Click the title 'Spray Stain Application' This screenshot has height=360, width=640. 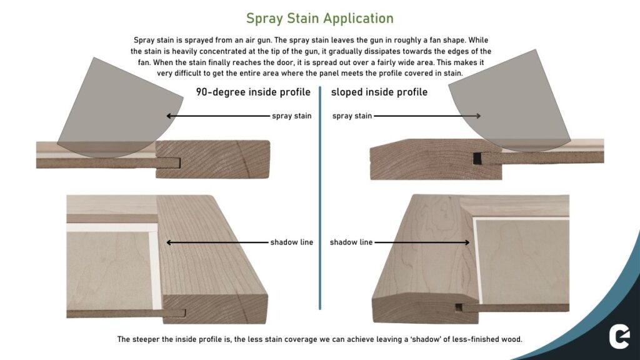tap(319, 18)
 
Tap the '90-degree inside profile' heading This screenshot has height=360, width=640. tap(253, 92)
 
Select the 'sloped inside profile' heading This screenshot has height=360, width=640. tap(379, 92)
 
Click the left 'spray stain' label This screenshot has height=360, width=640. tap(291, 116)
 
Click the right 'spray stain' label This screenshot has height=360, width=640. tap(352, 116)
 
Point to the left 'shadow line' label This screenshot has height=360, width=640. tap(292, 242)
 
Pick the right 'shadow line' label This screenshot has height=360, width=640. tap(351, 242)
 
